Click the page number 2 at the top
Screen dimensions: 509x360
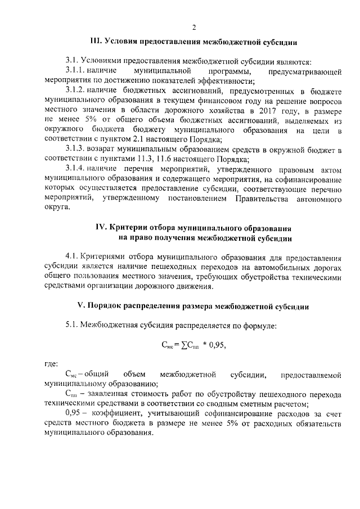click(x=194, y=28)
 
